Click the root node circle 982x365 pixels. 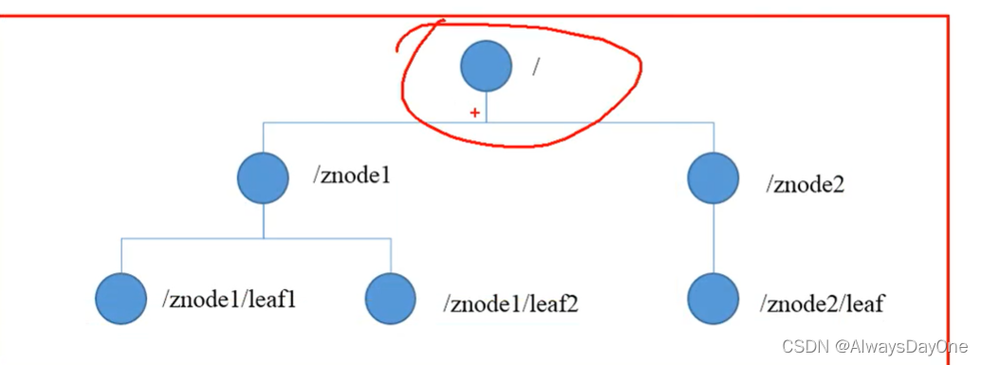(x=486, y=65)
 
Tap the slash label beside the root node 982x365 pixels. (x=535, y=67)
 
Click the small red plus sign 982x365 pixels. (x=474, y=113)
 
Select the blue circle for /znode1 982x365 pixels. (x=263, y=178)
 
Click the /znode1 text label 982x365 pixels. (x=351, y=176)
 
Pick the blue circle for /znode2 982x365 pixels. (x=713, y=178)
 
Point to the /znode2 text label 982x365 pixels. (x=805, y=184)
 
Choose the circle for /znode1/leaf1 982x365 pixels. (x=120, y=299)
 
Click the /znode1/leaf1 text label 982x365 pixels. (x=228, y=300)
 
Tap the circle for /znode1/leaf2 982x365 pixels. (x=391, y=299)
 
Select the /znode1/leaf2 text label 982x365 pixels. (x=510, y=303)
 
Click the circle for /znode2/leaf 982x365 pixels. (x=713, y=299)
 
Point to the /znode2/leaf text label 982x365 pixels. (x=822, y=303)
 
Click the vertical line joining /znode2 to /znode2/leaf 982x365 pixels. (x=713, y=239)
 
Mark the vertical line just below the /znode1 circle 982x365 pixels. (x=263, y=221)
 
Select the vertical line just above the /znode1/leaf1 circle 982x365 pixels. (x=120, y=255)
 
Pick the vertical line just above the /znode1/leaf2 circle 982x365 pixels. (x=391, y=255)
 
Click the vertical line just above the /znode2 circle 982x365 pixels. (x=713, y=137)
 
